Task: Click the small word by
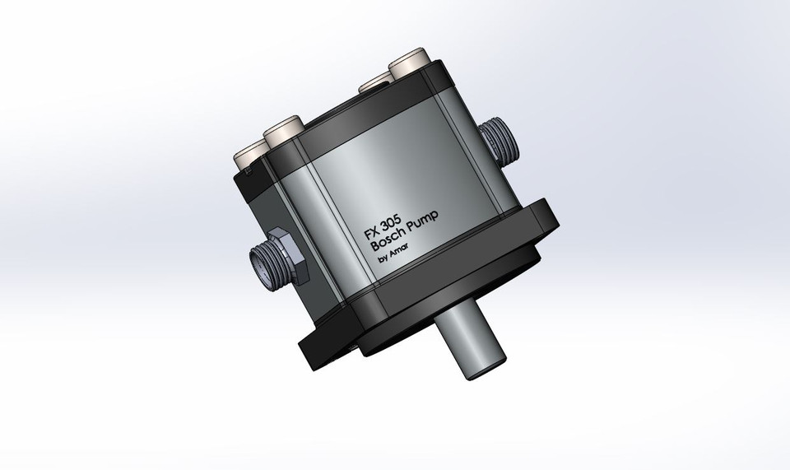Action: (383, 261)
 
